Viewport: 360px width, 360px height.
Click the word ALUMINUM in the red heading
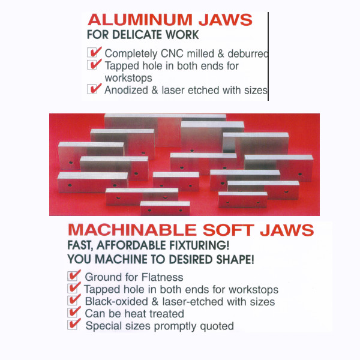[140, 20]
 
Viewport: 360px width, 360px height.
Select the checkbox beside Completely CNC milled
[92, 52]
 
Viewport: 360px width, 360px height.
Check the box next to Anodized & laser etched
[92, 89]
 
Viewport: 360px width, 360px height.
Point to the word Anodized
[126, 90]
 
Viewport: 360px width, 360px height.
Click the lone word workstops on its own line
[128, 78]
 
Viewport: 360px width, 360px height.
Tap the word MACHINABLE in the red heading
[132, 230]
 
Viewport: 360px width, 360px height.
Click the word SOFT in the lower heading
[229, 230]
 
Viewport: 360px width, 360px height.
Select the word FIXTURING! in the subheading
[199, 245]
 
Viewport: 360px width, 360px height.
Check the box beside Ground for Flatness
[73, 276]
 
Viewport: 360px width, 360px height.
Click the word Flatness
[163, 277]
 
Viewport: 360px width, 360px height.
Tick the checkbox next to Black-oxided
[73, 301]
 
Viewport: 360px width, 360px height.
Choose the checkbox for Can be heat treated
[73, 313]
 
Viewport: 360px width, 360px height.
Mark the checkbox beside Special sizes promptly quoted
[73, 325]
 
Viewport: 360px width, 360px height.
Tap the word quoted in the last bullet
[217, 326]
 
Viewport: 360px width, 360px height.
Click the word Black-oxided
[116, 301]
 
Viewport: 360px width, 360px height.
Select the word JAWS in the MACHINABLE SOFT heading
[287, 230]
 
